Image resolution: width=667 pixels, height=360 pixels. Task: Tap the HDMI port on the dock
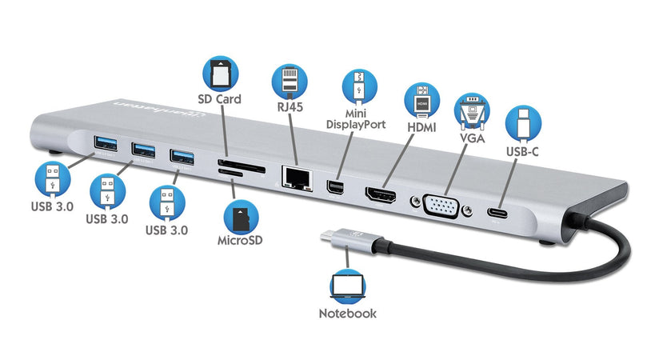[x=383, y=193]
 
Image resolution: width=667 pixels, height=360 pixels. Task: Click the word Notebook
[x=347, y=314]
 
